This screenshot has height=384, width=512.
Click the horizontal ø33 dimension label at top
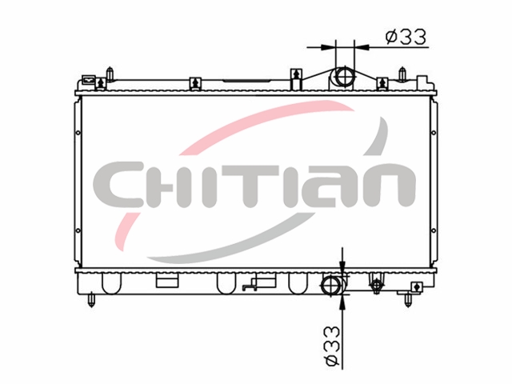[x=406, y=37]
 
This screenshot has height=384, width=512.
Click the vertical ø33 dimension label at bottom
[x=332, y=346]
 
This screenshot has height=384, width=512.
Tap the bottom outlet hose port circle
[x=332, y=285]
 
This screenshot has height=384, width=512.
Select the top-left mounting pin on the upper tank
[x=110, y=74]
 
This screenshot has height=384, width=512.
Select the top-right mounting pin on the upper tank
[x=402, y=74]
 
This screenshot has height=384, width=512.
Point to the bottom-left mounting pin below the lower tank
[x=91, y=301]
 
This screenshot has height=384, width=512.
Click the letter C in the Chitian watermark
[x=118, y=185]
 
